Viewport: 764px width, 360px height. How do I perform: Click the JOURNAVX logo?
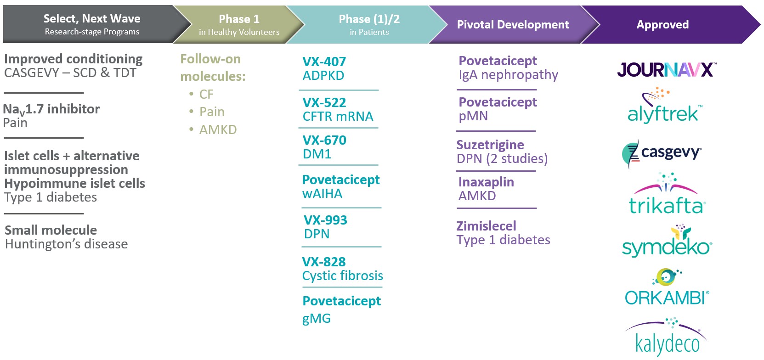pos(666,70)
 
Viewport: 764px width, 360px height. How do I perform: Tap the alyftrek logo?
pos(663,107)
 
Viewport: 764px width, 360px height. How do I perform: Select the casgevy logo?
pos(662,153)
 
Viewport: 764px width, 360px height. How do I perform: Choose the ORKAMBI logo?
pos(667,289)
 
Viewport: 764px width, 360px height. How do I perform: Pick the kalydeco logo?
pos(667,337)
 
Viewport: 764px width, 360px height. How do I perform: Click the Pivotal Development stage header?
pos(513,25)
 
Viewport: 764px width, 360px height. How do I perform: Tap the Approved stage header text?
pos(662,25)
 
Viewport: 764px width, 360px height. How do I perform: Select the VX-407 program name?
pos(324,62)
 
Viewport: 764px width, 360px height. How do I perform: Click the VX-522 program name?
pos(324,102)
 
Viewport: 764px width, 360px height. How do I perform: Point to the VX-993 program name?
pos(325,220)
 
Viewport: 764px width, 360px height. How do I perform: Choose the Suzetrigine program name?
pos(490,145)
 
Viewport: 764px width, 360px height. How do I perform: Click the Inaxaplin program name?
pos(486,182)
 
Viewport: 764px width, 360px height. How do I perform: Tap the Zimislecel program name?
pos(486,226)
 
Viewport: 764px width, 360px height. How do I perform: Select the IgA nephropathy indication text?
pos(508,75)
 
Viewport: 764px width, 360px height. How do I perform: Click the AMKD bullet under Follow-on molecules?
pos(218,130)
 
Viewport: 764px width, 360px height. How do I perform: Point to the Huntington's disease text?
pos(66,244)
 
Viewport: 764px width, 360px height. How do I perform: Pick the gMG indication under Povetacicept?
pos(317,319)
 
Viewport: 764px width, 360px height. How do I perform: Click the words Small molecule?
pos(51,230)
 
